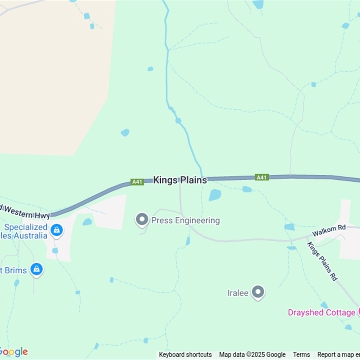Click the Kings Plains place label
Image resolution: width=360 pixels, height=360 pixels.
pyautogui.click(x=180, y=180)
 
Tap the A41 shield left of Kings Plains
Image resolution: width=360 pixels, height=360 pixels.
pyautogui.click(x=137, y=182)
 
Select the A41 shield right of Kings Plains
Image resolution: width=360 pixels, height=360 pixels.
pyautogui.click(x=261, y=177)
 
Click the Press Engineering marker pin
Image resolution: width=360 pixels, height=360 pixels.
pyautogui.click(x=142, y=220)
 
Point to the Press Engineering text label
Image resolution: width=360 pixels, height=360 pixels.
pyautogui.click(x=185, y=220)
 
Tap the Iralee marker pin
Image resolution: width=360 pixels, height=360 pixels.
pyautogui.click(x=258, y=292)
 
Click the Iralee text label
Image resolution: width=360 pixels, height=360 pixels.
pyautogui.click(x=238, y=293)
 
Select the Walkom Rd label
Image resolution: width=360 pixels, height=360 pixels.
pyautogui.click(x=329, y=228)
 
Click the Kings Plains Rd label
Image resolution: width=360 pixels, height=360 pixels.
pyautogui.click(x=322, y=261)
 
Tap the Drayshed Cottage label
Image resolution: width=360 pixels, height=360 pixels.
pyautogui.click(x=321, y=312)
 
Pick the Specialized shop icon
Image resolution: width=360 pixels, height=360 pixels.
pyautogui.click(x=56, y=230)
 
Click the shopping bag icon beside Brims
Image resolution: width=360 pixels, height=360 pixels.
pyautogui.click(x=36, y=270)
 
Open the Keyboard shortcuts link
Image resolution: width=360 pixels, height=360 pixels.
pyautogui.click(x=185, y=355)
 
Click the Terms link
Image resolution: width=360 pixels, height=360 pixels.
pyautogui.click(x=301, y=355)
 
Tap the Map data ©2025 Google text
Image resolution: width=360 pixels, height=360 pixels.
pyautogui.click(x=252, y=355)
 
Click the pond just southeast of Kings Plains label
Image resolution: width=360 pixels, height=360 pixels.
pyautogui.click(x=215, y=195)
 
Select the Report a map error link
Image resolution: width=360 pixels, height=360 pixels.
pyautogui.click(x=338, y=355)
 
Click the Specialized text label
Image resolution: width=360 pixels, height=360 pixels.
pyautogui.click(x=26, y=227)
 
